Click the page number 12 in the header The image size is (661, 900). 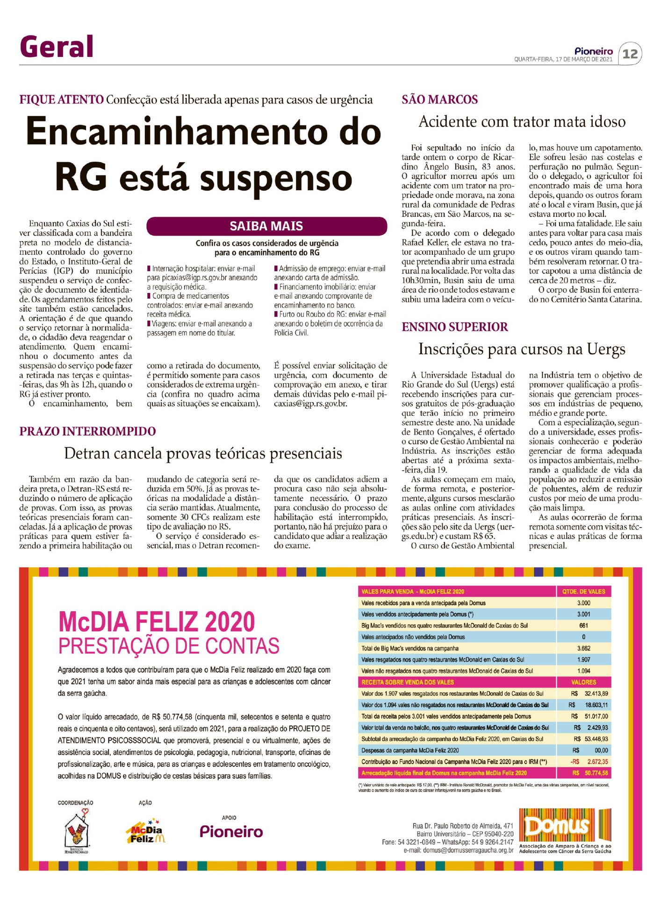tap(630, 54)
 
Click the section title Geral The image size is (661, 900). tap(57, 47)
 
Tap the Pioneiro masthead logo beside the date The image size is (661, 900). tap(594, 51)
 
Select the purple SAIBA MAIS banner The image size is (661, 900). tap(266, 226)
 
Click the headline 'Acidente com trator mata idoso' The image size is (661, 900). tap(522, 122)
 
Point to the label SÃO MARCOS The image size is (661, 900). tap(439, 100)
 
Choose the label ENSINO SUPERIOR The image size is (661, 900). tap(454, 327)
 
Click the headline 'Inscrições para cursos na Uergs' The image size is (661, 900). tap(522, 349)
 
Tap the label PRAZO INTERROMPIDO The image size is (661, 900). tap(87, 431)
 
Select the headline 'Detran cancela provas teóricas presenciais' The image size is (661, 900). tap(203, 453)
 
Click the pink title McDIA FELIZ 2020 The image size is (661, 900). tap(157, 622)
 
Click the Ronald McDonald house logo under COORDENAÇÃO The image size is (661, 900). tap(77, 832)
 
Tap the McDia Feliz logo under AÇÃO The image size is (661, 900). tap(145, 833)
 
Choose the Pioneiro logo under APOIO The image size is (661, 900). tap(231, 832)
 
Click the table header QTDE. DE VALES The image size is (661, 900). tap(583, 592)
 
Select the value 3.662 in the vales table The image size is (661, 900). tap(583, 648)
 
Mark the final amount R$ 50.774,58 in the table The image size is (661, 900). tap(590, 773)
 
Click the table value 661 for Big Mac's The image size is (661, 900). tap(583, 626)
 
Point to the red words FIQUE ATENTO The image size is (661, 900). tap(61, 100)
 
